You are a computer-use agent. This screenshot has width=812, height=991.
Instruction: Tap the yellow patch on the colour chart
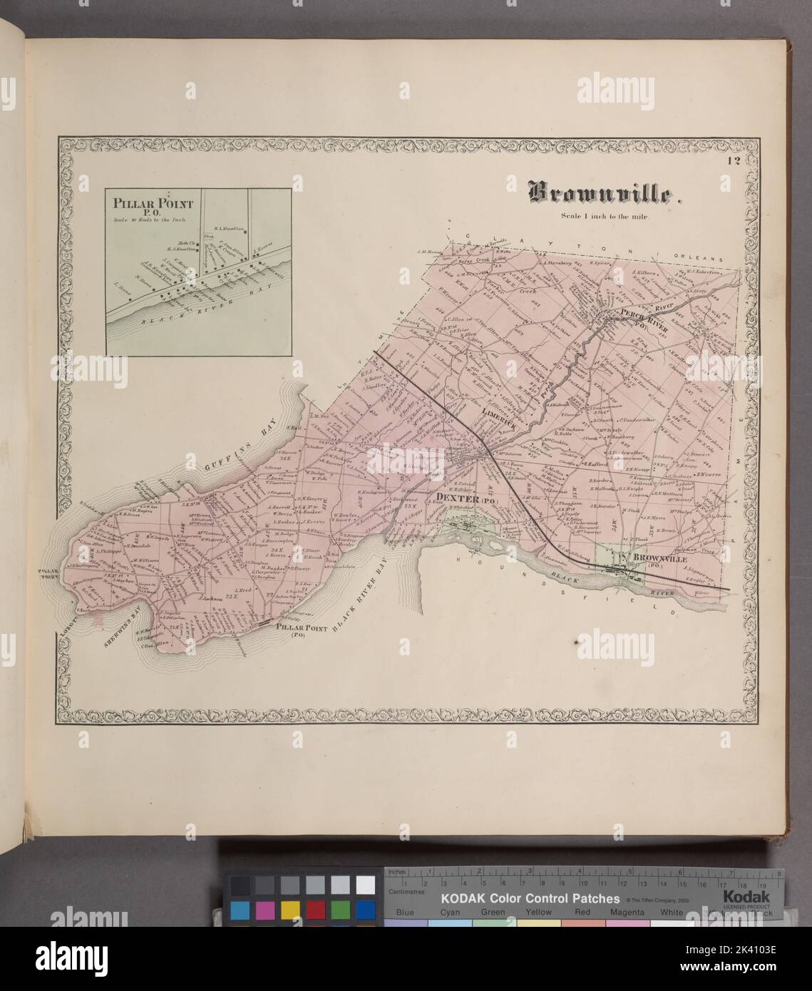290,910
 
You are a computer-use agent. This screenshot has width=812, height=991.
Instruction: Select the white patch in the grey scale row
365,885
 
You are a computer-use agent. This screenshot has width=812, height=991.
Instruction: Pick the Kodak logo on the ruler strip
746,897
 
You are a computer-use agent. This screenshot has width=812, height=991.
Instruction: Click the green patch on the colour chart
340,910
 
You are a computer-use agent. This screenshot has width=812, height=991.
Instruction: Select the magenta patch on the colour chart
265,910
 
